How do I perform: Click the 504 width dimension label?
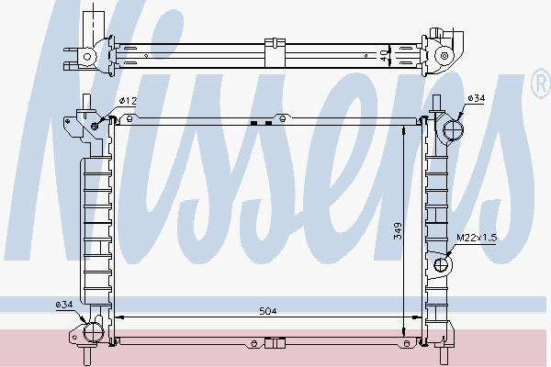coord(268,312)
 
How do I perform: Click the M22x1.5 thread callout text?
coord(476,238)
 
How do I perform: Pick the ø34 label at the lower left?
coord(64,304)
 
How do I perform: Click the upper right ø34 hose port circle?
coord(451,130)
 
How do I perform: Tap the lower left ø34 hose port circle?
coord(91,329)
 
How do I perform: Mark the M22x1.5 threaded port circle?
coord(442,265)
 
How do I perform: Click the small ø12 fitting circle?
coord(95,125)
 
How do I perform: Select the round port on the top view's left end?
coord(88,56)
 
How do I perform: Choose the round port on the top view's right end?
coord(444,56)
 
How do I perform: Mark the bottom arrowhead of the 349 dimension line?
coord(405,333)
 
